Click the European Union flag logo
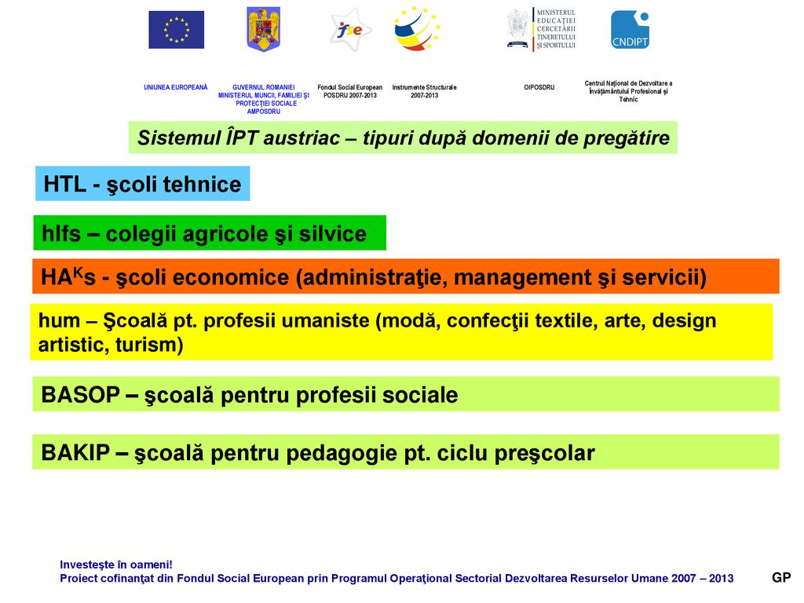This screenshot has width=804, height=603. click(177, 30)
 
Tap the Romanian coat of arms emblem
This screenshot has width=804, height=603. click(264, 29)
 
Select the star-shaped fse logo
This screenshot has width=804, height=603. click(350, 30)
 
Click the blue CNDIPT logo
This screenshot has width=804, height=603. click(630, 30)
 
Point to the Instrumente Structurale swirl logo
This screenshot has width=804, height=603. click(417, 29)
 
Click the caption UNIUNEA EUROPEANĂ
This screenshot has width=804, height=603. click(176, 87)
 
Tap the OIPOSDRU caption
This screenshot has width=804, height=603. click(539, 87)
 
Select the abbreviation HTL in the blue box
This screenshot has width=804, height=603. click(64, 184)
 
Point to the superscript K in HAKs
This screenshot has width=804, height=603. click(78, 272)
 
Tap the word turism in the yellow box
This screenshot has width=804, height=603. click(149, 345)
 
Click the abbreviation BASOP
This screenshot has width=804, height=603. click(81, 395)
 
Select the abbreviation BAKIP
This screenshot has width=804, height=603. click(75, 453)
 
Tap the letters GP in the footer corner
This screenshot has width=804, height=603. click(781, 578)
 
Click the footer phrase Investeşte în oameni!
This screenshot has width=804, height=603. click(116, 565)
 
